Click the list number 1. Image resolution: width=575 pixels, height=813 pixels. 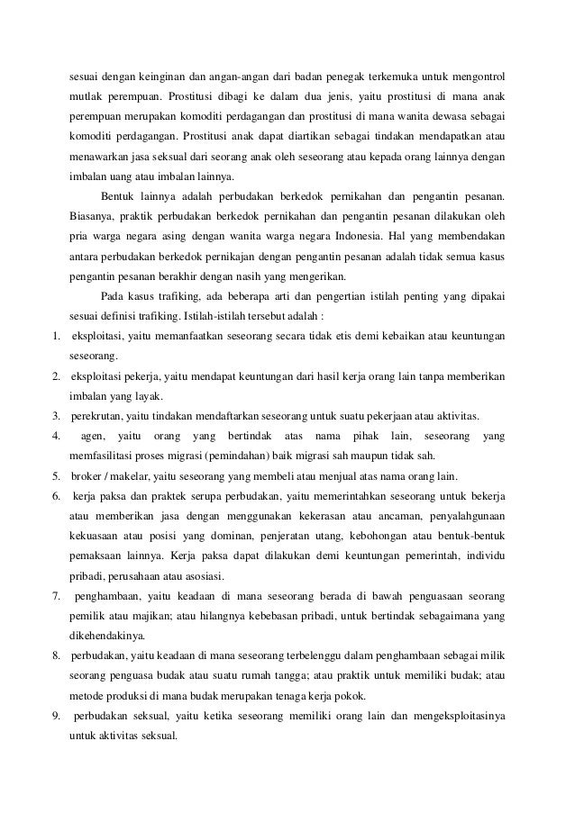(x=53, y=337)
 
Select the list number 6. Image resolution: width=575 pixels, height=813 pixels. (x=54, y=497)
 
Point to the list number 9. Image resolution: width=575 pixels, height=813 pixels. (x=54, y=716)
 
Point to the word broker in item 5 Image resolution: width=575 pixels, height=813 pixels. (x=87, y=474)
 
